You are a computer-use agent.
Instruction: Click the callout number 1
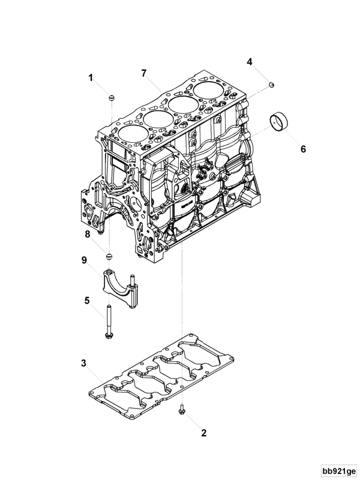tap(92, 78)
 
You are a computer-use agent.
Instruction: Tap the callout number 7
tap(144, 73)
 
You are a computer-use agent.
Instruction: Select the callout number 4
tap(250, 62)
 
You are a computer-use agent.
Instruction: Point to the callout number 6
tap(303, 149)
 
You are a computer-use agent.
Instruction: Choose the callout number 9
tap(85, 260)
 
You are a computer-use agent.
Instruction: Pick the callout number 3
tap(84, 363)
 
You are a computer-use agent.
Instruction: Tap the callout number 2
tap(203, 432)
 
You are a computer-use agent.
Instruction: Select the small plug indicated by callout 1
tap(111, 97)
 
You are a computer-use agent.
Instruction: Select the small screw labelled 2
tap(181, 410)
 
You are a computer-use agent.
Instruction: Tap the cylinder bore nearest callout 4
tap(211, 91)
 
